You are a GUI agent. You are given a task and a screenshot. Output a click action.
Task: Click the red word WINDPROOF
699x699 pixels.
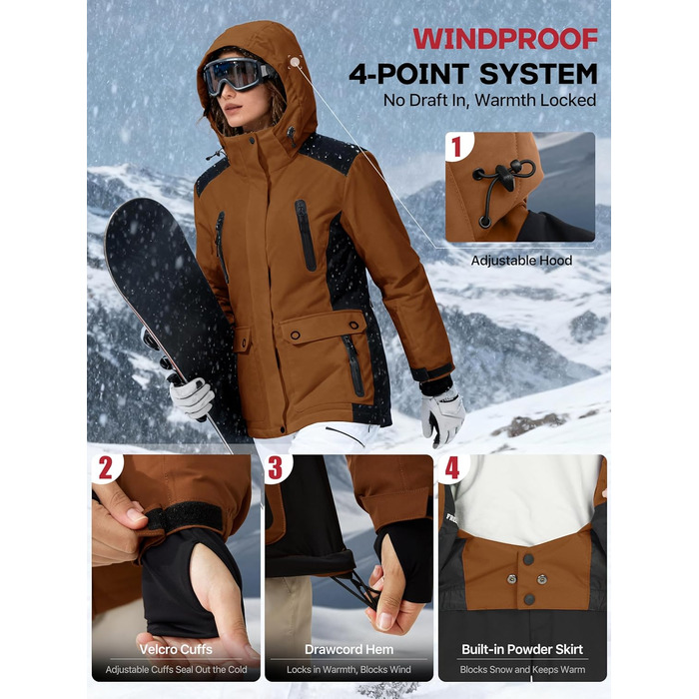click(x=505, y=39)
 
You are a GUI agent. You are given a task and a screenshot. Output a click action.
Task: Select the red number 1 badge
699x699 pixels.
click(x=456, y=146)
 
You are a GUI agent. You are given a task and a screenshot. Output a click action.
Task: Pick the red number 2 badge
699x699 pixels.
click(x=105, y=468)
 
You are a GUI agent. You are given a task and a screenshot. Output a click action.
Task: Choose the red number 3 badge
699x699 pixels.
click(x=275, y=468)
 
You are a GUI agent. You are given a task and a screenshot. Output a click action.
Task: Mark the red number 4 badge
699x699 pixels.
click(x=452, y=468)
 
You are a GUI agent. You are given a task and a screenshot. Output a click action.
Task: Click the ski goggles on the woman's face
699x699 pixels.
click(x=237, y=75)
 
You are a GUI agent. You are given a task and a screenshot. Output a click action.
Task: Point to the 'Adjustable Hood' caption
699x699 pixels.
click(x=521, y=261)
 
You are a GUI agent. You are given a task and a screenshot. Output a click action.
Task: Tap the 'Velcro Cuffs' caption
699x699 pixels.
click(x=176, y=649)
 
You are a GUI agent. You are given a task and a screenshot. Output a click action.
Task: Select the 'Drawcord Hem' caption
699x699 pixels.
click(x=349, y=649)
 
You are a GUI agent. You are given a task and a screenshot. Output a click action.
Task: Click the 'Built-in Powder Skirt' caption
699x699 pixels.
click(x=522, y=649)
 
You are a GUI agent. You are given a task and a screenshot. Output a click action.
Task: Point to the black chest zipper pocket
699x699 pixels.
click(x=306, y=236)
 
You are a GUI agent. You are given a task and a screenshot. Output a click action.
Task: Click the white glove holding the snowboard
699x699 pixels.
click(x=193, y=397)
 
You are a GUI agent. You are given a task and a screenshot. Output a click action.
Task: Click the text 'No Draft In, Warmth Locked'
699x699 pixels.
click(x=489, y=100)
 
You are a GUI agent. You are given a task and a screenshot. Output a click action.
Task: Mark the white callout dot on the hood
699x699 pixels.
click(x=295, y=62)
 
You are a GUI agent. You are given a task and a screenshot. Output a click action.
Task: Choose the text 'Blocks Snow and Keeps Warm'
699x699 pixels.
click(x=522, y=670)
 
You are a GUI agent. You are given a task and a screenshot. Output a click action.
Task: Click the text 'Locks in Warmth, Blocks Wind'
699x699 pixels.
click(x=349, y=670)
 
